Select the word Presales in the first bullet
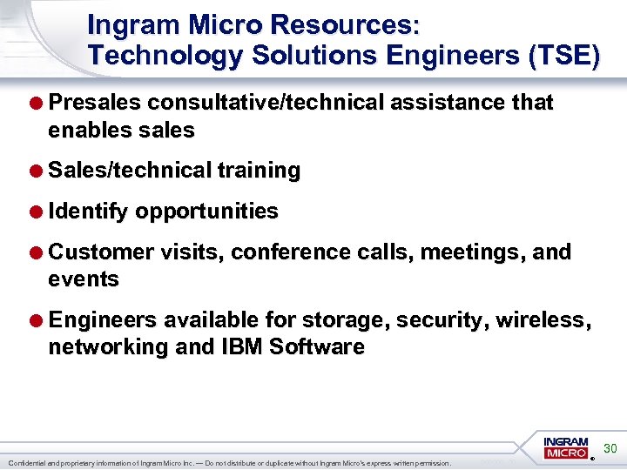95,103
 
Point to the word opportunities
206,211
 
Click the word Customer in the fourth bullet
103,252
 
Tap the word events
83,279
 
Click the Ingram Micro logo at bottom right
567,448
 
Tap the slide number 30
610,448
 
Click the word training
259,171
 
